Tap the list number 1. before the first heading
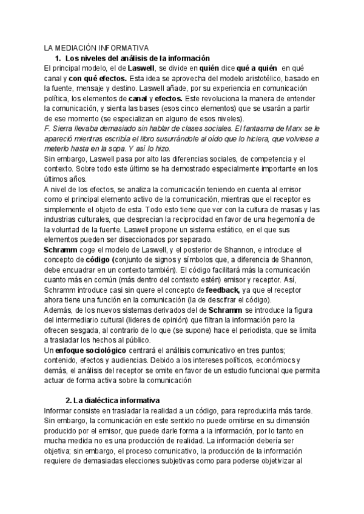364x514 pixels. [x=58, y=58]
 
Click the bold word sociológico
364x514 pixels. [x=99, y=351]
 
